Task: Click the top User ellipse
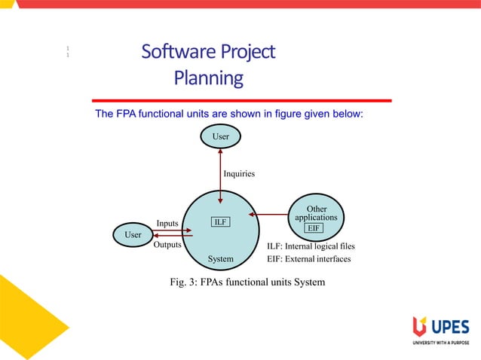pos(219,136)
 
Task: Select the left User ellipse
pos(133,235)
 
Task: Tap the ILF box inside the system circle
pos(220,222)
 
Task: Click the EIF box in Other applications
pos(314,227)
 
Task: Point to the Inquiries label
pos(238,174)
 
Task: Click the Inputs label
pos(167,223)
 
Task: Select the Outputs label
pos(167,246)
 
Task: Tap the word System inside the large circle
pos(220,259)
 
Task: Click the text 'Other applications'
pos(316,212)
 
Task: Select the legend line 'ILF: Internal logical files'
pos(311,246)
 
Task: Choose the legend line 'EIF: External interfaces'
pos(308,259)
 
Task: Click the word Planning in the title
pos(208,78)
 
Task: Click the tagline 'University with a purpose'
pos(440,343)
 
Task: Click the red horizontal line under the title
pos(241,100)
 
